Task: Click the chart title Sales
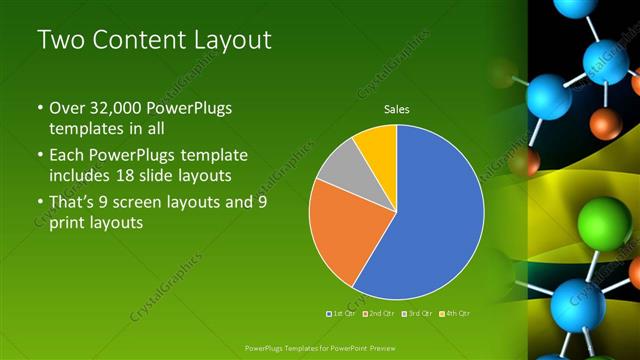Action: coord(397,110)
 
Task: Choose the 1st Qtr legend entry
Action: coord(344,313)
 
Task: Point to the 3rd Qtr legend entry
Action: coord(418,313)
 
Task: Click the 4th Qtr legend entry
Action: coord(456,313)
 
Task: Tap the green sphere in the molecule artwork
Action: coord(603,218)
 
